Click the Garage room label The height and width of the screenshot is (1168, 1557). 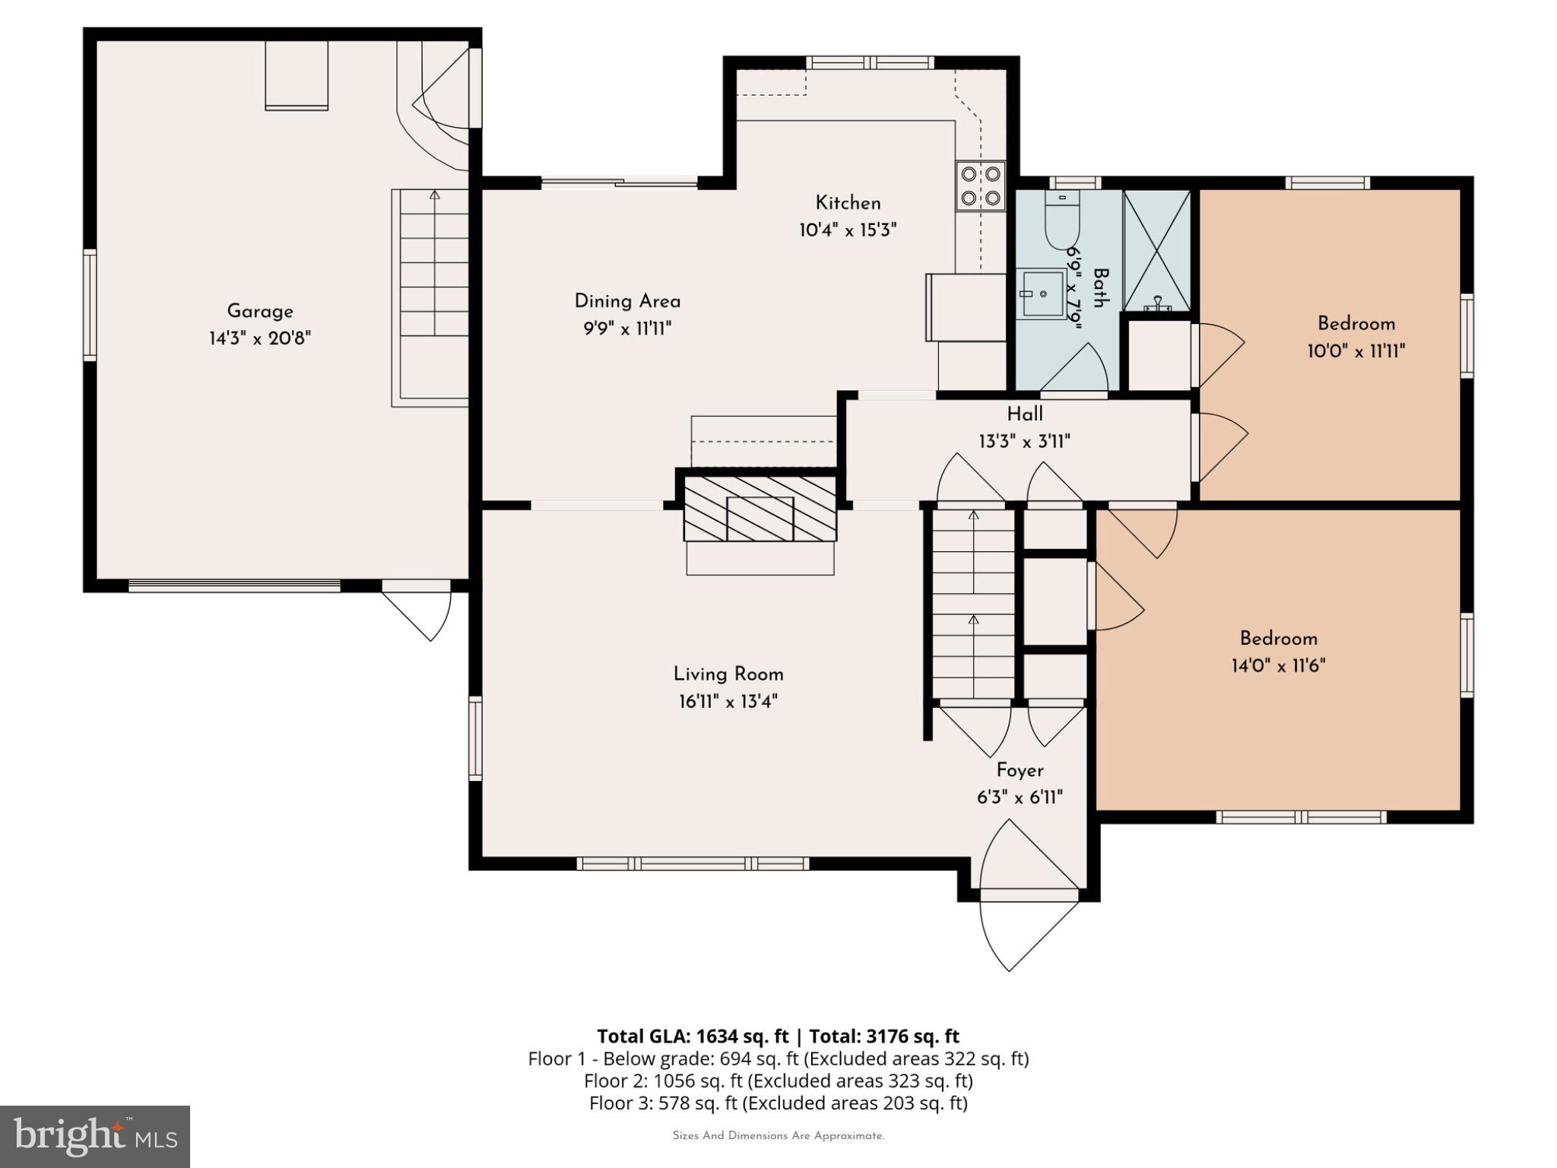(x=260, y=311)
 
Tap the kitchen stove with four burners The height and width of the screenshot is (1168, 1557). (x=980, y=186)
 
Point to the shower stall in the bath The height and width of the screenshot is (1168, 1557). (x=1156, y=251)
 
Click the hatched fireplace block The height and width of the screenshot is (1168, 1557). (x=759, y=508)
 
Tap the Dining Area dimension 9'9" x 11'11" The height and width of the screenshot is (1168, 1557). (x=626, y=328)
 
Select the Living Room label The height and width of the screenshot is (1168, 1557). (x=728, y=674)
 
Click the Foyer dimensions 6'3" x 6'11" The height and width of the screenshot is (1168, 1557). (x=1019, y=798)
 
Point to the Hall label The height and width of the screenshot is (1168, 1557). (x=1024, y=414)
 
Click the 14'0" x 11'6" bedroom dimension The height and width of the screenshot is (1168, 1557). (x=1278, y=666)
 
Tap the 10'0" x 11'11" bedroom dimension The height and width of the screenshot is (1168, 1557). (x=1356, y=351)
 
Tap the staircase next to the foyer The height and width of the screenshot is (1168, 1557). (x=973, y=605)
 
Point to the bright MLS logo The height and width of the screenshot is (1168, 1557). (x=95, y=1136)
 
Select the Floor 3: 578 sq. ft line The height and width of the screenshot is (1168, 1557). (x=778, y=1103)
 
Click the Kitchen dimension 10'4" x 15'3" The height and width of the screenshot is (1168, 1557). (x=847, y=230)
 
